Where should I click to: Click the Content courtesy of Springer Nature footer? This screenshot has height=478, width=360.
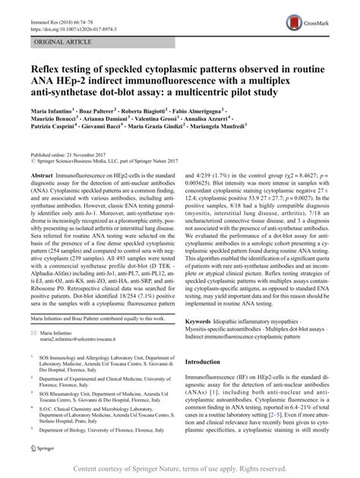(x=180, y=469)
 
